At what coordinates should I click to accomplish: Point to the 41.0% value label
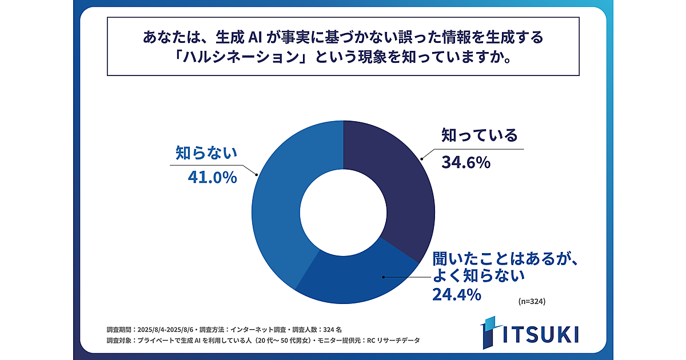coord(212,178)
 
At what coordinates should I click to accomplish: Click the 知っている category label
coord(479,136)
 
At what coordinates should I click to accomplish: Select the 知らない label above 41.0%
coord(205,153)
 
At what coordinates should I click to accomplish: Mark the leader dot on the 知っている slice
coord(422,158)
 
